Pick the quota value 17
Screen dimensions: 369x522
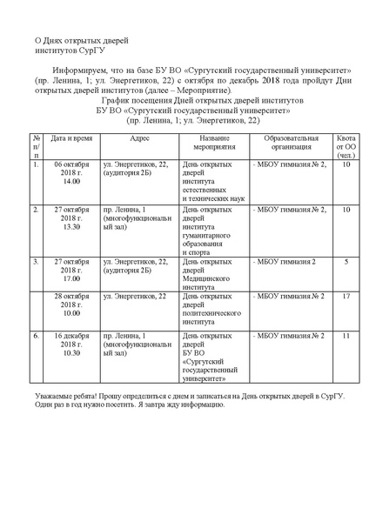(346, 297)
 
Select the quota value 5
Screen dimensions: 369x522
(346, 261)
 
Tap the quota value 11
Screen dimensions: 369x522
(346, 335)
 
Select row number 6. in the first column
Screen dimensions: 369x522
(36, 335)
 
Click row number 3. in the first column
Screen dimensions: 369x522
(36, 261)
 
